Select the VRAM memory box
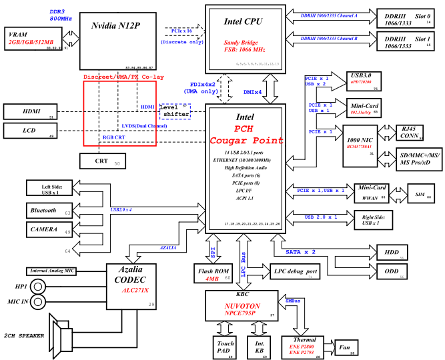33,39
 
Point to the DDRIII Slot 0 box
404,19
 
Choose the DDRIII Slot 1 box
404,42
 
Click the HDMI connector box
31,111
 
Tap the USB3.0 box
364,83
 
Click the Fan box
346,347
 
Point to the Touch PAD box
225,346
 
